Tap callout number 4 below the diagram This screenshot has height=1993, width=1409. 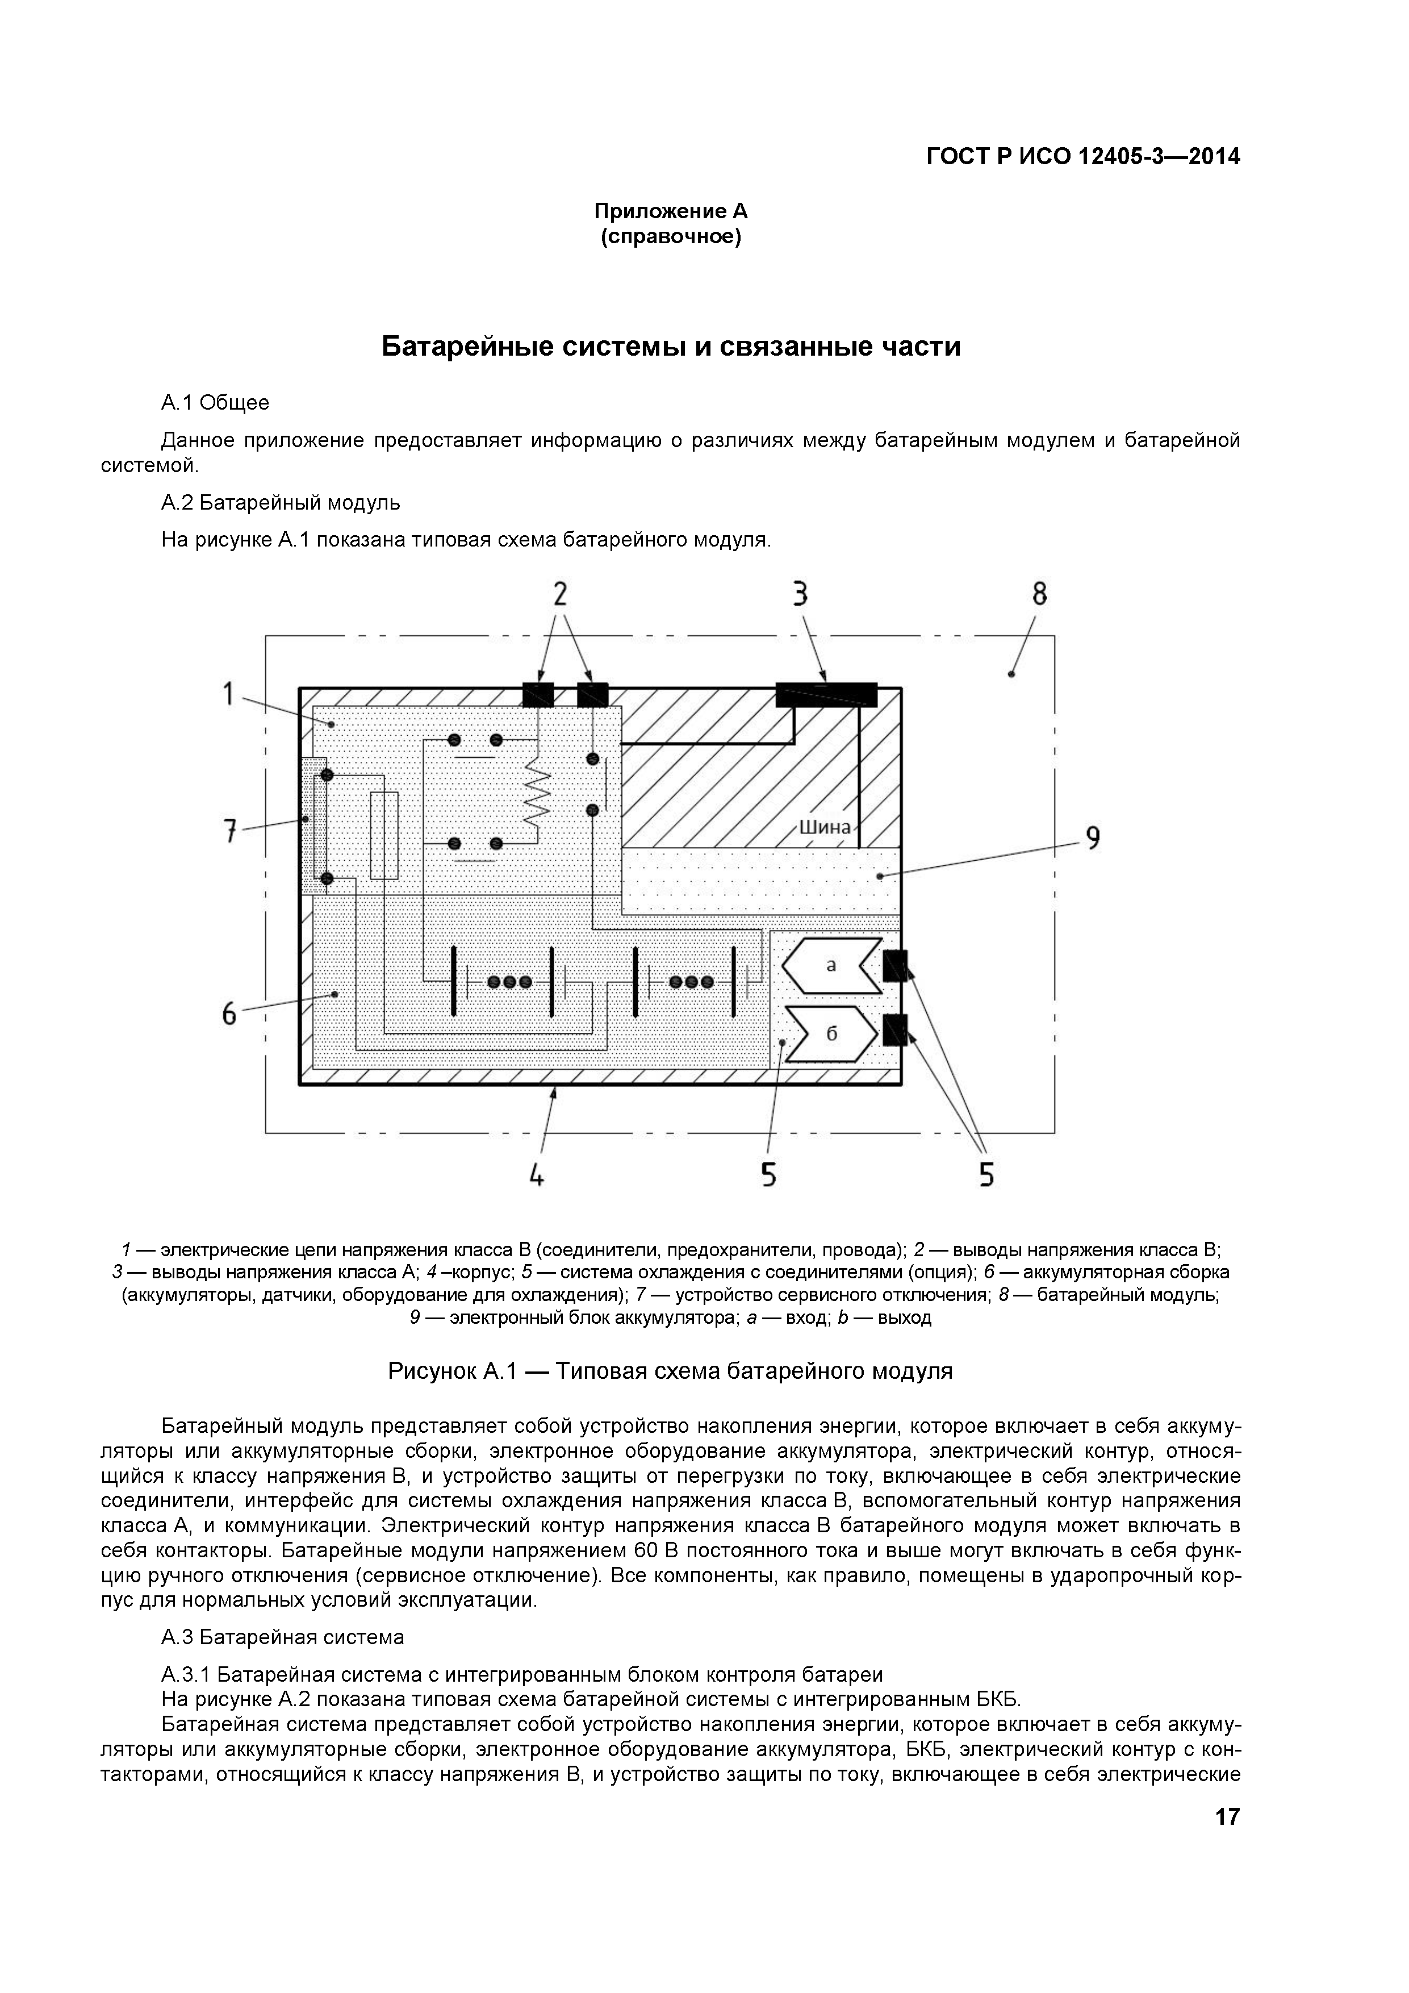(x=537, y=1175)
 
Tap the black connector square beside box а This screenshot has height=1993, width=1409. (x=894, y=965)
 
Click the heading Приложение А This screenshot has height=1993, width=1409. (x=671, y=211)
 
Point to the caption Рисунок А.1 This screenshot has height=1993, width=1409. (x=670, y=1371)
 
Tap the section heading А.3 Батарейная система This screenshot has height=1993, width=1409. (x=283, y=1637)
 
